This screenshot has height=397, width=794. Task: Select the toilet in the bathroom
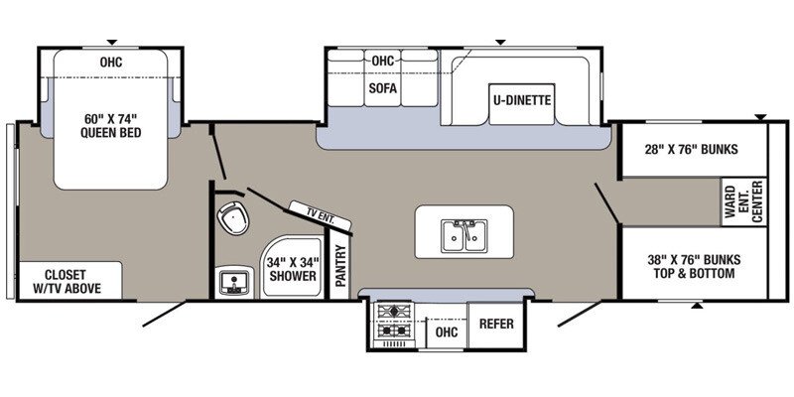pyautogui.click(x=232, y=216)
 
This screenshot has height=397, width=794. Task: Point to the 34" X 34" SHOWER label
pyautogui.click(x=291, y=268)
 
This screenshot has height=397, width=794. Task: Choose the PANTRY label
pyautogui.click(x=339, y=266)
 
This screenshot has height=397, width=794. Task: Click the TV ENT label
pyautogui.click(x=312, y=210)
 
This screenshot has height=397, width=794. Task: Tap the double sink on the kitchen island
pyautogui.click(x=464, y=234)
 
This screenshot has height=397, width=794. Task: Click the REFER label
pyautogui.click(x=495, y=324)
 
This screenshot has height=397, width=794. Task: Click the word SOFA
pyautogui.click(x=383, y=88)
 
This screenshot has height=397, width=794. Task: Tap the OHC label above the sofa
pyautogui.click(x=383, y=61)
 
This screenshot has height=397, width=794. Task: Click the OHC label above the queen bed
pyautogui.click(x=110, y=62)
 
